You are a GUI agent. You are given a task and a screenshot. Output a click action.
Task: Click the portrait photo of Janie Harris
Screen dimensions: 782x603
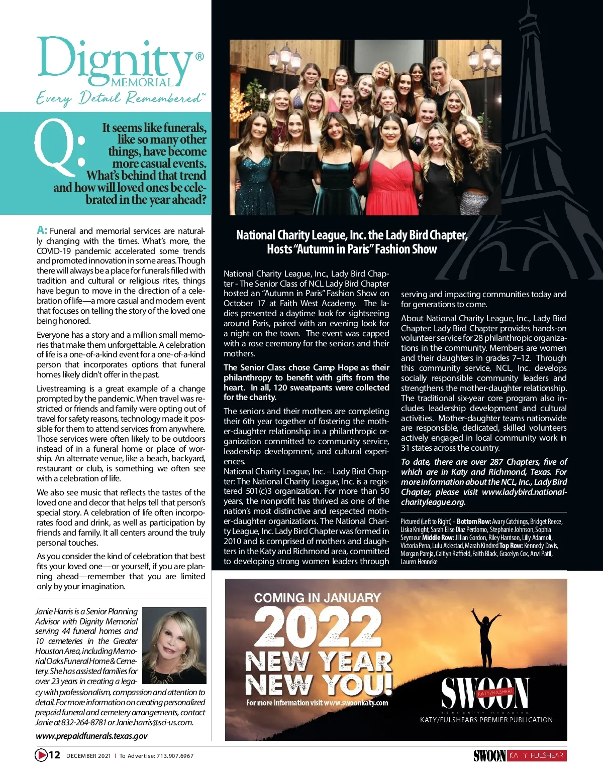point(174,645)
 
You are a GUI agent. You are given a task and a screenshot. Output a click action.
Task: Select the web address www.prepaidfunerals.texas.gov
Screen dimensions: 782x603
point(91,736)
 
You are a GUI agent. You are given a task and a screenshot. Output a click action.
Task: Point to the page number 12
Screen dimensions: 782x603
point(54,755)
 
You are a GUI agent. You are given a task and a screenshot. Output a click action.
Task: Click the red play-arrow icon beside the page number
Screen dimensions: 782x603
point(41,755)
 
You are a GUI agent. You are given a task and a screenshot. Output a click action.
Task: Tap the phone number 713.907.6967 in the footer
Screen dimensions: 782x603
point(175,756)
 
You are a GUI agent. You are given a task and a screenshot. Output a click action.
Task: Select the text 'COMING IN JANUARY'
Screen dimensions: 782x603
point(317,598)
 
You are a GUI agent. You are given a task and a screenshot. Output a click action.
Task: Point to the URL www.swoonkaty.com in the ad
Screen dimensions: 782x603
point(356,703)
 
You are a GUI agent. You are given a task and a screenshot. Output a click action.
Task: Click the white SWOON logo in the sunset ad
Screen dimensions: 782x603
point(485,693)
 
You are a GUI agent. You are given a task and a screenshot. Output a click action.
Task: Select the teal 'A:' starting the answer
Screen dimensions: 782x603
point(42,230)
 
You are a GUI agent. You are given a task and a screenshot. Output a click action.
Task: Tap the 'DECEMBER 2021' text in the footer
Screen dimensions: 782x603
point(88,756)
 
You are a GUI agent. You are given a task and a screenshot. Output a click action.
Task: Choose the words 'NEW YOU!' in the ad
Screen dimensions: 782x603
point(319,684)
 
